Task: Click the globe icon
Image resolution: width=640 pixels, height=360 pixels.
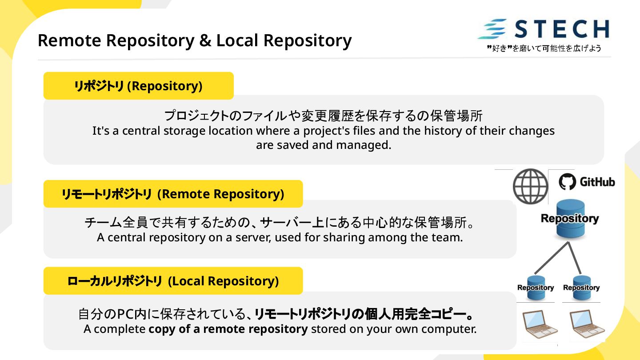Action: tap(530, 186)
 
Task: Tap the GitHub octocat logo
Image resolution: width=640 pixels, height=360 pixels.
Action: tap(567, 182)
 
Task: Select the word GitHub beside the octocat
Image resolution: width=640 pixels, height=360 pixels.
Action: tap(597, 182)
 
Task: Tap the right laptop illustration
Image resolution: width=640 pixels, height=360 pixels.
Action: tap(587, 323)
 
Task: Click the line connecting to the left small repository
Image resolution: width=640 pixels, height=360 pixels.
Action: tap(552, 258)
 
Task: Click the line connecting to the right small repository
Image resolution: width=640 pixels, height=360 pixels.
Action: tap(575, 258)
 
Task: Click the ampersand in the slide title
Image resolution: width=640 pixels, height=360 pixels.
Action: tap(205, 40)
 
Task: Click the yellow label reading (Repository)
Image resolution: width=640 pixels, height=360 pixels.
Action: tap(138, 86)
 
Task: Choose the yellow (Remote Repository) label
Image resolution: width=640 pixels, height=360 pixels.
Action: tap(173, 194)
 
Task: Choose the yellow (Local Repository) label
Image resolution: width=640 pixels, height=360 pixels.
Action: tap(173, 281)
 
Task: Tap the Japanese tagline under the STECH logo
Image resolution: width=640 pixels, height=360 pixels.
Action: tap(544, 48)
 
